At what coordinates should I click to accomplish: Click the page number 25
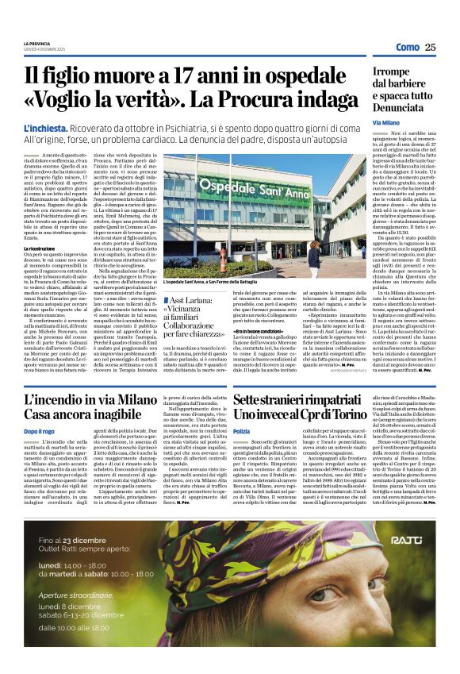pos(430,47)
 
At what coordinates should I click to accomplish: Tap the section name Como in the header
pos(407,48)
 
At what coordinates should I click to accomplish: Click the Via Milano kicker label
pos(386,123)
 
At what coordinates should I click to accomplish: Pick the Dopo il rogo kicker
pos(39,430)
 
